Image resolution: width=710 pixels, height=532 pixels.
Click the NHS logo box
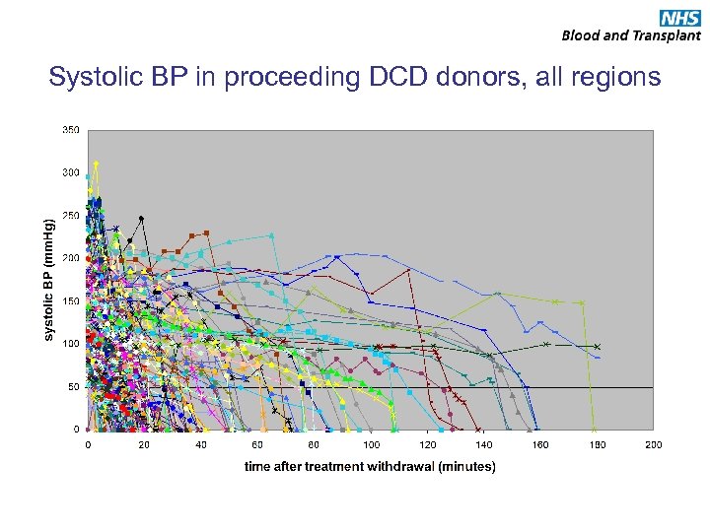[679, 17]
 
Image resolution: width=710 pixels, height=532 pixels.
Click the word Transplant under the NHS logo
[668, 35]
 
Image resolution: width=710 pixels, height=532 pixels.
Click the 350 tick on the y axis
[71, 129]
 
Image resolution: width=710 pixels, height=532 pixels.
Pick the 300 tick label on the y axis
[71, 172]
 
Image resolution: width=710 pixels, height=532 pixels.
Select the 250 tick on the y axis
[71, 215]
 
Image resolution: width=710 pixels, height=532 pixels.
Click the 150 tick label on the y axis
[71, 301]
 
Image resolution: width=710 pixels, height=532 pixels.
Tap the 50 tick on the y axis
[74, 387]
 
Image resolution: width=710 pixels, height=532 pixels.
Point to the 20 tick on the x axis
[144, 445]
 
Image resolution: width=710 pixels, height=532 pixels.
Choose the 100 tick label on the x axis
[371, 445]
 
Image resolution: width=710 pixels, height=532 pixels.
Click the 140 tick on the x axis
[484, 445]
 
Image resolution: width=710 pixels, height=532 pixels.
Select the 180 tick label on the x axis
[598, 445]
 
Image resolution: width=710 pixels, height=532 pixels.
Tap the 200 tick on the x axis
[654, 445]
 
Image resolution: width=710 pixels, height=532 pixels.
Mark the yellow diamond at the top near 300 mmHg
[96, 164]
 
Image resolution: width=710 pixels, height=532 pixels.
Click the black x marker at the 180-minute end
[597, 347]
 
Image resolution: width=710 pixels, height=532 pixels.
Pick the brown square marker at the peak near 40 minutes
[206, 233]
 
